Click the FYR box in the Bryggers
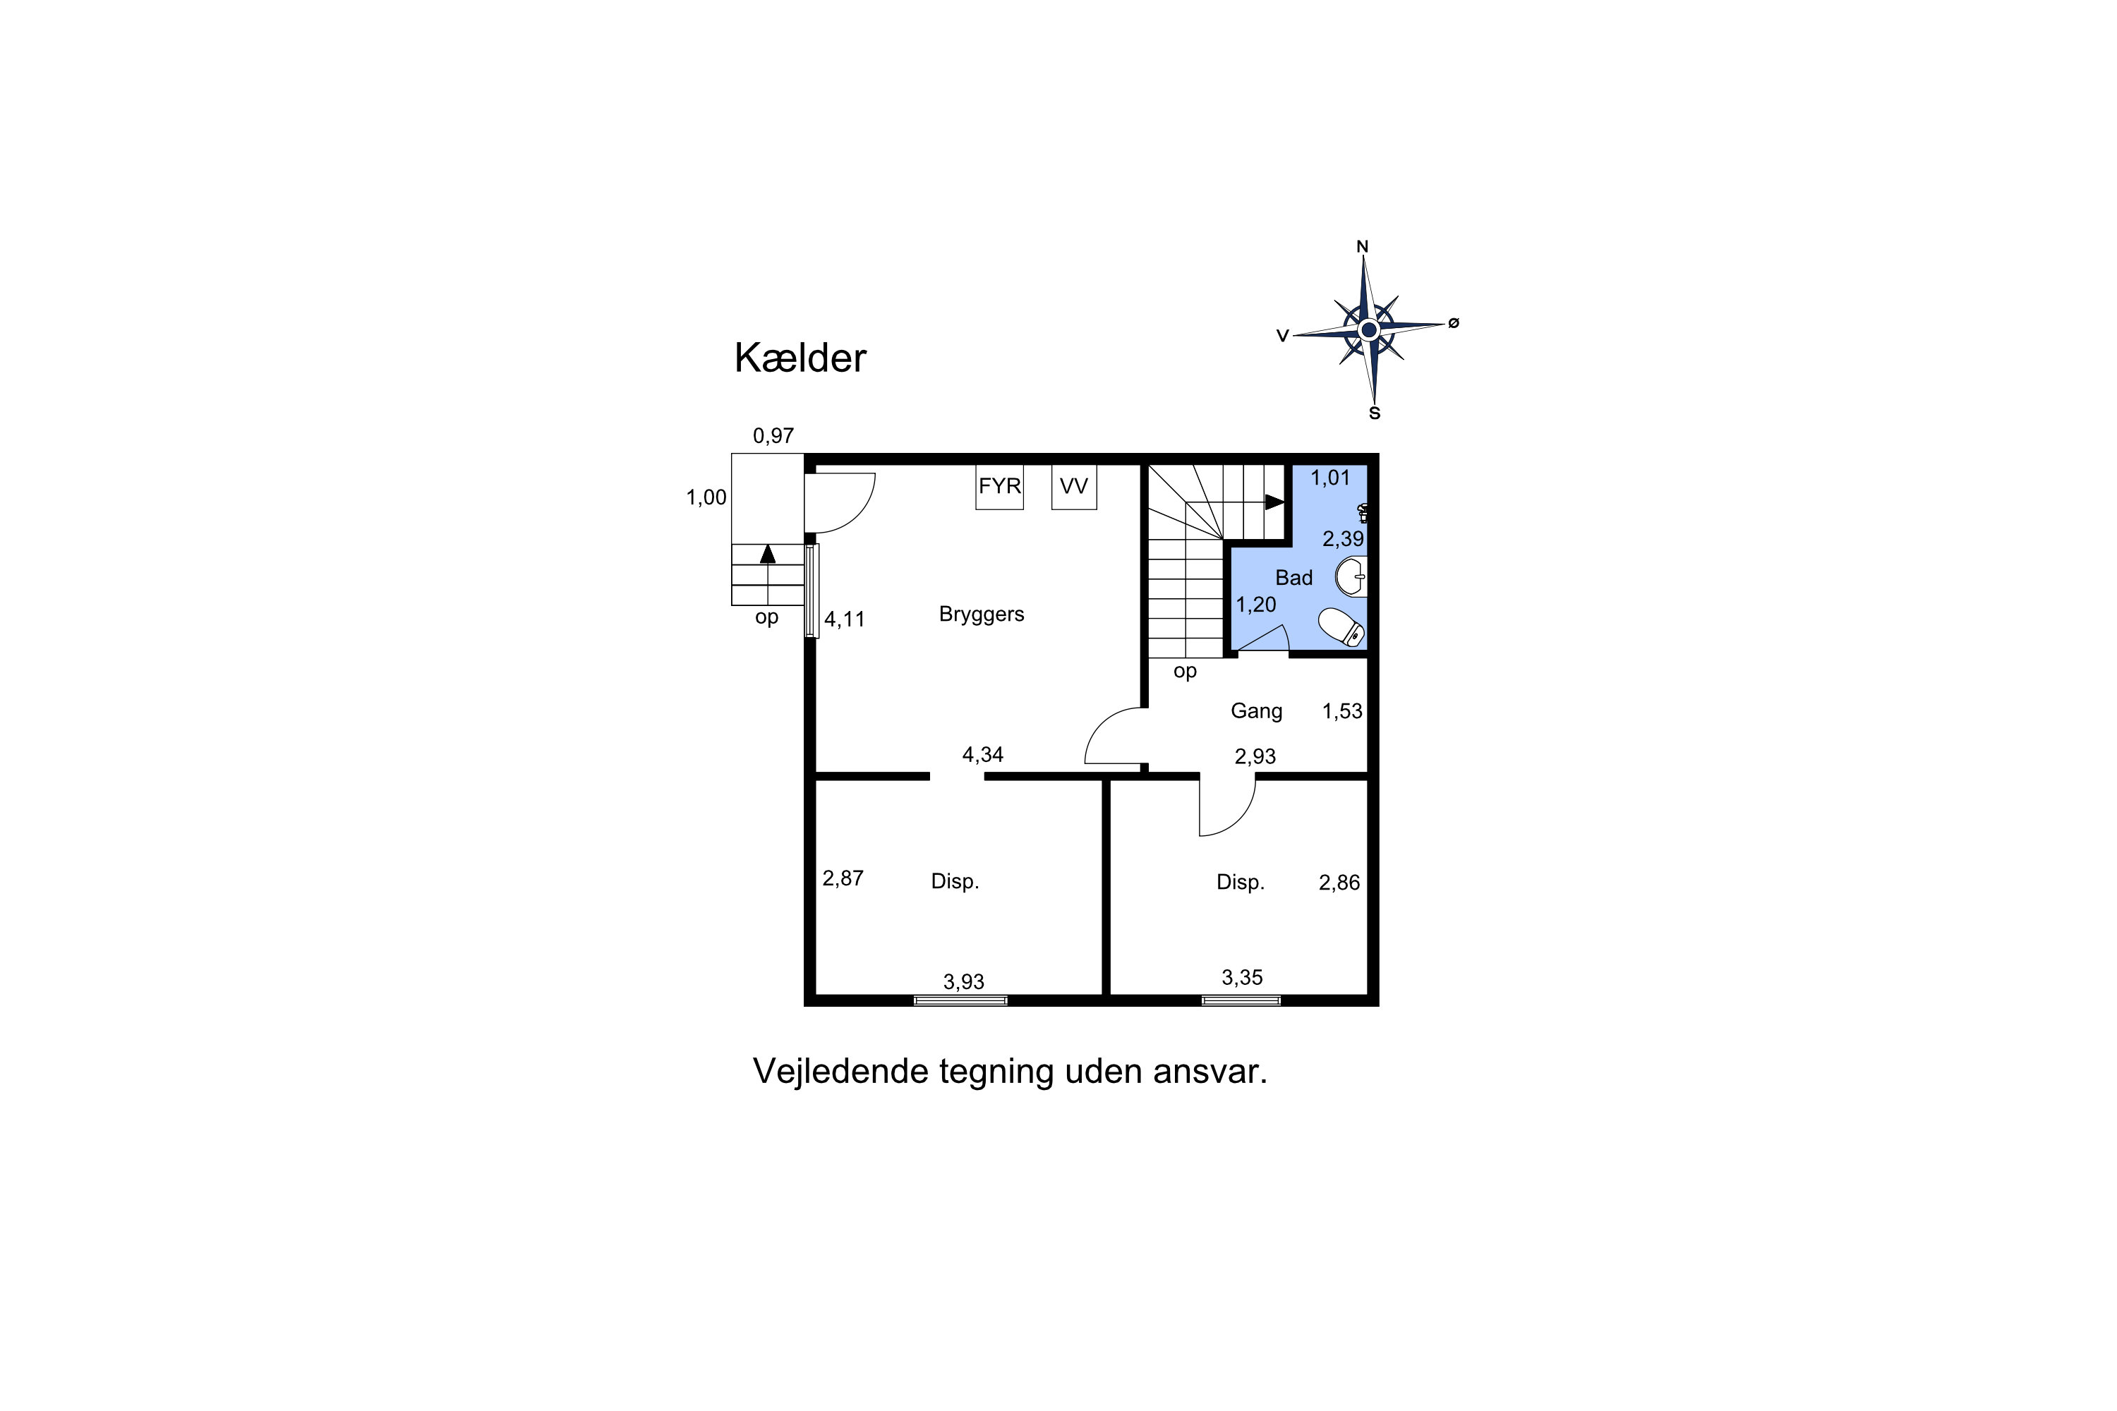(x=999, y=486)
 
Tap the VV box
(x=1074, y=486)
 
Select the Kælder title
(x=800, y=358)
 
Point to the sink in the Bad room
(x=1351, y=577)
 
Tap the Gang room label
(x=1257, y=711)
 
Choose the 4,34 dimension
(x=983, y=754)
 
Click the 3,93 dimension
(x=963, y=982)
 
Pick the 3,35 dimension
(x=1242, y=977)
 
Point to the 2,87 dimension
(x=843, y=878)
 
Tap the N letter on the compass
(x=1363, y=246)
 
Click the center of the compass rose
(x=1369, y=329)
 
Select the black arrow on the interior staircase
(x=1274, y=502)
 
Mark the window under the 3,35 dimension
(x=1241, y=1000)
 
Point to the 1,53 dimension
(x=1342, y=711)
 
